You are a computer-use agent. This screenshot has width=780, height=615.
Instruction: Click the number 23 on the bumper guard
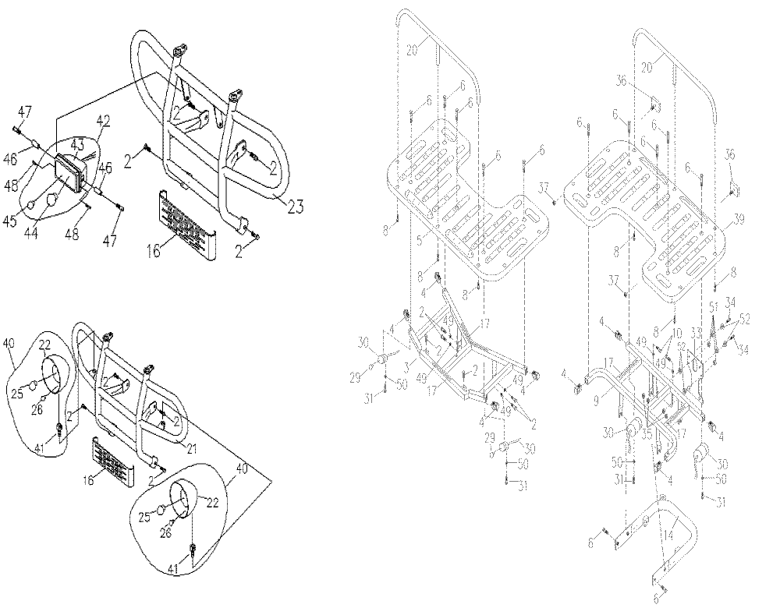coord(294,207)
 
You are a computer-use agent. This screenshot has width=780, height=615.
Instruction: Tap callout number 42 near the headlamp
coord(103,121)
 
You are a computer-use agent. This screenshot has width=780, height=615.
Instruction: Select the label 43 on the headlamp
coord(78,144)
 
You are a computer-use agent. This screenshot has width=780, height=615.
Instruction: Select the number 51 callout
coord(713,305)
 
